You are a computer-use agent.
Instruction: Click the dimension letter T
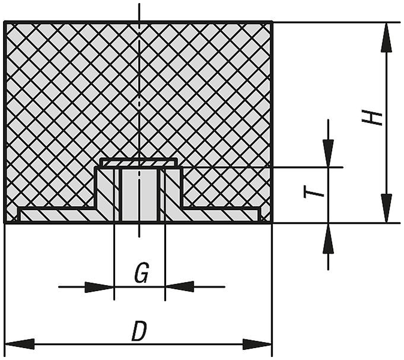[x=314, y=193]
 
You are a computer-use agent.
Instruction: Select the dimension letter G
[x=141, y=273]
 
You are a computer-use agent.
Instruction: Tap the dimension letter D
[x=140, y=331]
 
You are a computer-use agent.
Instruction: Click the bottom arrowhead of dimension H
[x=387, y=208]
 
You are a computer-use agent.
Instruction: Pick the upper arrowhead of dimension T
[x=328, y=153]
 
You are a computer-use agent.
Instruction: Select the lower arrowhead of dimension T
[x=328, y=238]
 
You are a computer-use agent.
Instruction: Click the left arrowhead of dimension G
[x=100, y=287]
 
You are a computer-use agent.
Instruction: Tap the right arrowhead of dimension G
[x=179, y=287]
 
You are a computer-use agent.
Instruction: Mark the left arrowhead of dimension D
[x=20, y=344]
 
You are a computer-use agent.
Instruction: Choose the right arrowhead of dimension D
[x=257, y=344]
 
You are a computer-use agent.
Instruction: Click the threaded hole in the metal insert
[x=140, y=195]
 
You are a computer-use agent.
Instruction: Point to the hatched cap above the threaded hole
[x=138, y=162]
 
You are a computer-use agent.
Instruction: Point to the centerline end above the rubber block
[x=139, y=4]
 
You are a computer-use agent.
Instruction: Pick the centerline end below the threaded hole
[x=139, y=237]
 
